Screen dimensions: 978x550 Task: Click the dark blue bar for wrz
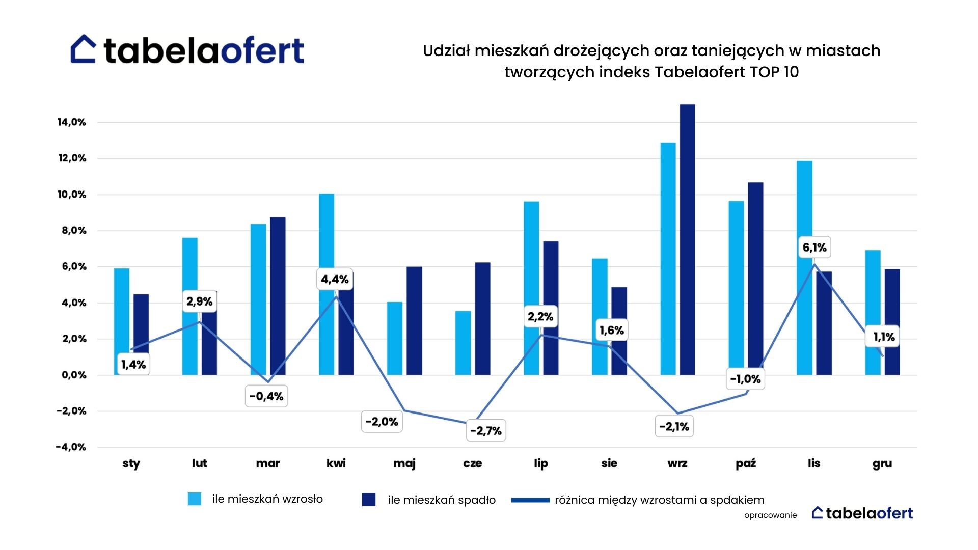click(687, 239)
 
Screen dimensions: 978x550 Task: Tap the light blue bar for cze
click(463, 343)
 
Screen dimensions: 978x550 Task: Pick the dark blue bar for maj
click(414, 321)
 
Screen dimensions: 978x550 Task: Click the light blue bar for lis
click(804, 268)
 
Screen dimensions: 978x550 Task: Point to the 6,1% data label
click(814, 248)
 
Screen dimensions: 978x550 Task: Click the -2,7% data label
click(486, 431)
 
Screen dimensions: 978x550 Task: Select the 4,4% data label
click(335, 279)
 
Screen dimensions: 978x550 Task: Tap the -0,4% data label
click(266, 396)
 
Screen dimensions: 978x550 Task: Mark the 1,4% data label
click(133, 365)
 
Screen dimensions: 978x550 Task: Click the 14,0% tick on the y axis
click(72, 122)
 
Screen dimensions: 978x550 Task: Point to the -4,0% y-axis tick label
click(71, 447)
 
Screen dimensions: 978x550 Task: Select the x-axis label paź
click(746, 463)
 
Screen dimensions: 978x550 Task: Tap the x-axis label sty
click(131, 463)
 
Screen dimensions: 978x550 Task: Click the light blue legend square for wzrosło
click(195, 499)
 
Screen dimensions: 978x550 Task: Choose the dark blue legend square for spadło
click(369, 500)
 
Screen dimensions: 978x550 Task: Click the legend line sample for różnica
click(530, 500)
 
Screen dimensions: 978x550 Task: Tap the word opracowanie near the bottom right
click(770, 515)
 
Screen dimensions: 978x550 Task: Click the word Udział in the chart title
click(446, 51)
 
